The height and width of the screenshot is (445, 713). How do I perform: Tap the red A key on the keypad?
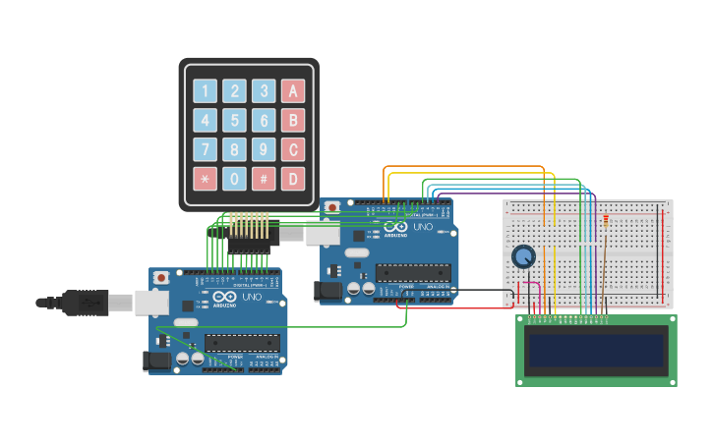tap(293, 91)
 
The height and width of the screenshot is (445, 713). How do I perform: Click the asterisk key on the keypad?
tap(205, 179)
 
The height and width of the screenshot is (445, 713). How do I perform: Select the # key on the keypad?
tap(264, 179)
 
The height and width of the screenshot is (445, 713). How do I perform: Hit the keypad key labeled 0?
tap(234, 179)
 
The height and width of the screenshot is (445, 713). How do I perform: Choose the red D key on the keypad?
tap(293, 179)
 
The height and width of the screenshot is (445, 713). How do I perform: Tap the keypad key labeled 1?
tap(205, 91)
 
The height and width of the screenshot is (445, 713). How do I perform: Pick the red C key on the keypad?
tap(293, 149)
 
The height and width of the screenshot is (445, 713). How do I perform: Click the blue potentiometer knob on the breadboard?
tap(523, 256)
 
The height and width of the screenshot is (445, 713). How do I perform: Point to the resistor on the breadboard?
tap(605, 220)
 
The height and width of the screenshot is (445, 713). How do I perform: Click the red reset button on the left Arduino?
tap(160, 278)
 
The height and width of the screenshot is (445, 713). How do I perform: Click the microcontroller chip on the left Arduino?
tap(242, 343)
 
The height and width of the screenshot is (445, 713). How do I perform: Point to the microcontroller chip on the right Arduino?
tap(413, 272)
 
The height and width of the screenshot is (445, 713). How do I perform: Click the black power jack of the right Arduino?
tap(327, 291)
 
